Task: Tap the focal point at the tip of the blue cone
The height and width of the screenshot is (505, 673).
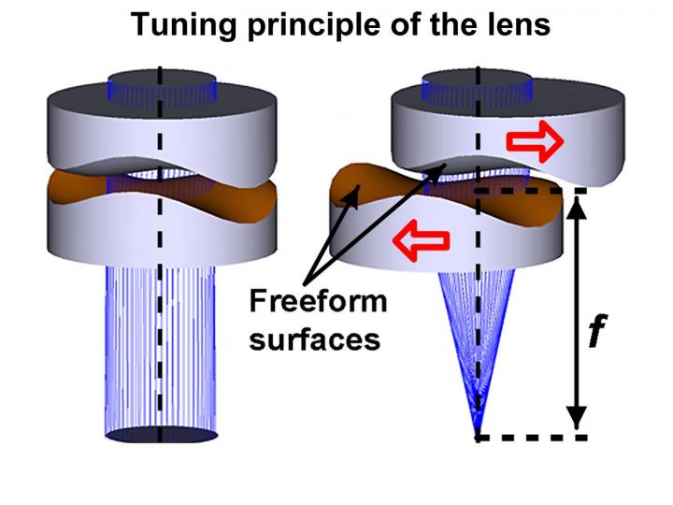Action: click(x=479, y=432)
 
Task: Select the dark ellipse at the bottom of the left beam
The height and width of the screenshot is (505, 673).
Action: click(x=160, y=435)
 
